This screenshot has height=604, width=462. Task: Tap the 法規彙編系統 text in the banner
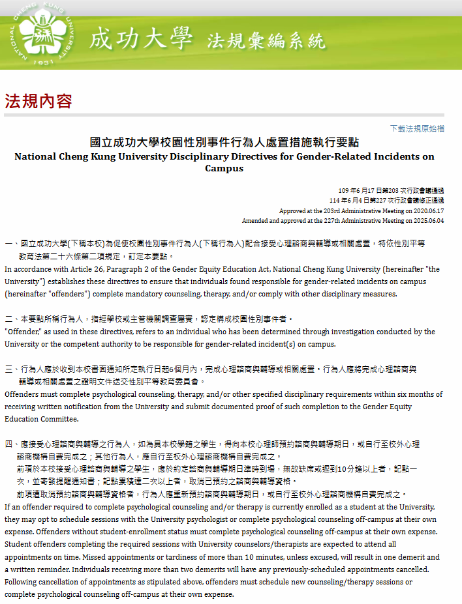[x=266, y=41]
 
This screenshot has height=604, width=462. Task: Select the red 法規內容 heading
[x=38, y=101]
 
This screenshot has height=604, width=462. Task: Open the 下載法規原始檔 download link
[x=417, y=128]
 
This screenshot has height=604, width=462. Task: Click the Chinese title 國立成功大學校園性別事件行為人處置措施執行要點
[x=224, y=143]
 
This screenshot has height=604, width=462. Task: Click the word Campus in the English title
[x=224, y=168]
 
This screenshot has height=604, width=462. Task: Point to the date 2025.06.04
[x=427, y=221]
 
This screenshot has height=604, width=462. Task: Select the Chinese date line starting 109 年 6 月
[x=391, y=190]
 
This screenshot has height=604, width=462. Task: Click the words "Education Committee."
[x=39, y=419]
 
